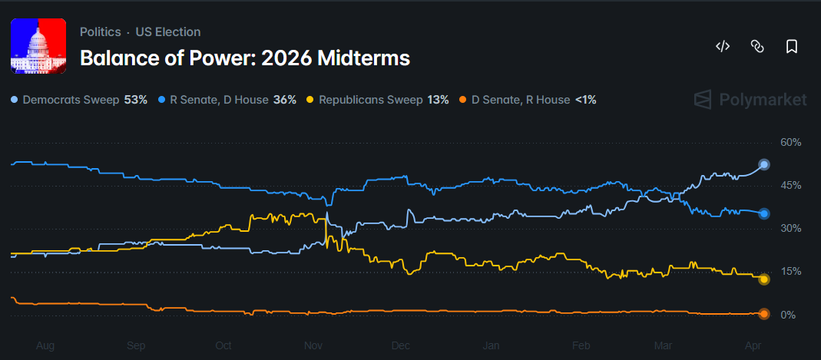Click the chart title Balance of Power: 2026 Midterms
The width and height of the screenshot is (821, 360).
[244, 58]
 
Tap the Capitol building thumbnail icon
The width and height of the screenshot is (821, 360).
[38, 45]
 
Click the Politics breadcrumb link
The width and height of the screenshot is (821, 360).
[100, 32]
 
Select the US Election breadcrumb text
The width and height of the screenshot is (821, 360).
[167, 32]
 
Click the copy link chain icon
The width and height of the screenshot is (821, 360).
[756, 47]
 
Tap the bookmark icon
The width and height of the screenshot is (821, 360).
[791, 47]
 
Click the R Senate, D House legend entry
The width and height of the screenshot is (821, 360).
[227, 100]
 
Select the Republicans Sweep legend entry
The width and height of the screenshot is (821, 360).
[377, 100]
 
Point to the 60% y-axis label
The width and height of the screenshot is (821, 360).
[790, 143]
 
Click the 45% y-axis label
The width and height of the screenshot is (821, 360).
[790, 186]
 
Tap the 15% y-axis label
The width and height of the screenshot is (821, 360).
[790, 272]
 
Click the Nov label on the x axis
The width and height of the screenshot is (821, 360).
[312, 346]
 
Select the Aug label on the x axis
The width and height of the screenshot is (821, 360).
[45, 346]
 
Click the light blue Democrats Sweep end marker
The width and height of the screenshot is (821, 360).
[763, 164]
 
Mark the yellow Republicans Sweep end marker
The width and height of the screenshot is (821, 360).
[763, 279]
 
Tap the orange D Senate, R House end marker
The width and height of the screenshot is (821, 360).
[763, 313]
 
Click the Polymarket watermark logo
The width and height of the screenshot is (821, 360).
[750, 100]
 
